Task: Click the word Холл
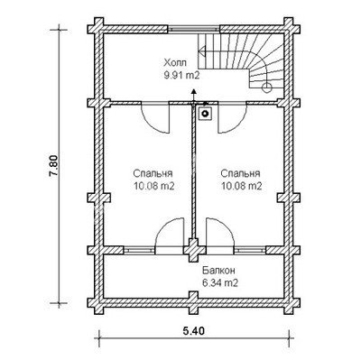(x=175, y=63)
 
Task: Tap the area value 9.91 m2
(x=181, y=76)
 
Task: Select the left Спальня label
(x=153, y=174)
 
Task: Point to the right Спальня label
(x=240, y=174)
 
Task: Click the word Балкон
(x=218, y=271)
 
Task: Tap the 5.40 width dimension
(x=193, y=331)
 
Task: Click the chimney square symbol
(x=205, y=114)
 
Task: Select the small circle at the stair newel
(x=267, y=88)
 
